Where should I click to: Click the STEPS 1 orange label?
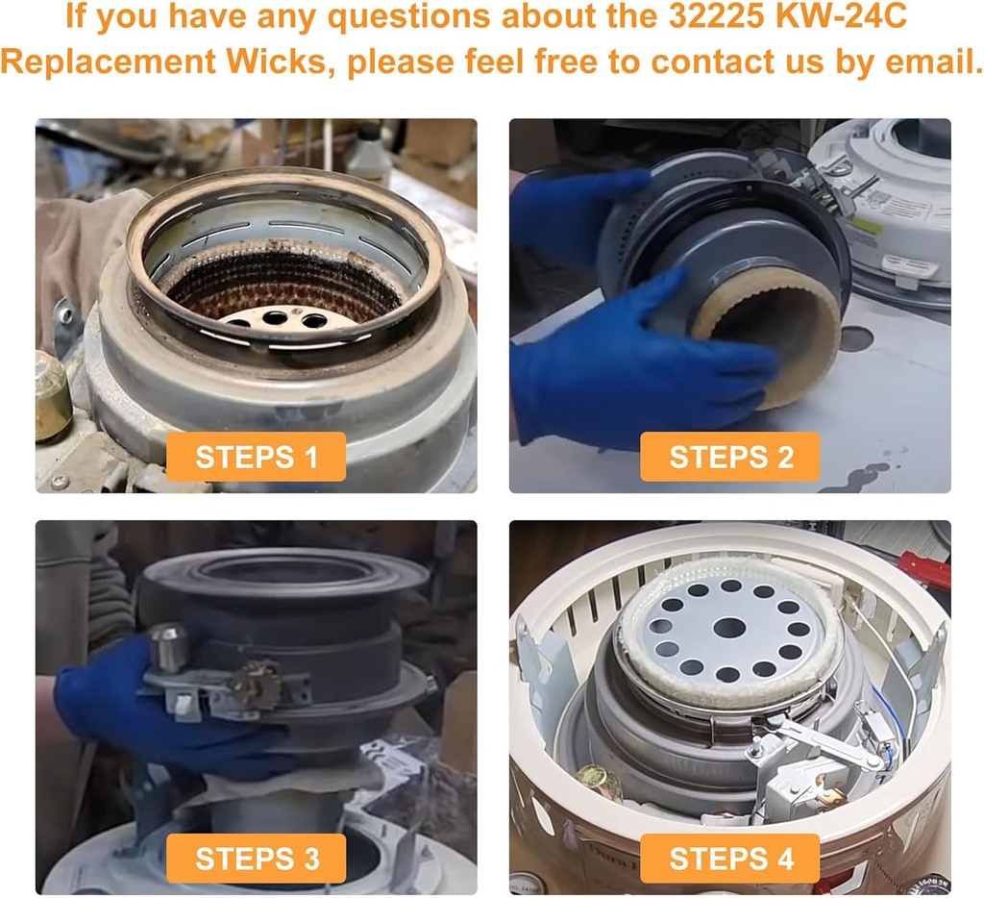pyautogui.click(x=256, y=457)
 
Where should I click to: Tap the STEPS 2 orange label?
pyautogui.click(x=730, y=457)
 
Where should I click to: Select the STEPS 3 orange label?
pyautogui.click(x=256, y=858)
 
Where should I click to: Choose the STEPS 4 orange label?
pyautogui.click(x=730, y=858)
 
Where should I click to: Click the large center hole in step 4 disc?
pyautogui.click(x=729, y=628)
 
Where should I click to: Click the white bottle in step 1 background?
pyautogui.click(x=369, y=154)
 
